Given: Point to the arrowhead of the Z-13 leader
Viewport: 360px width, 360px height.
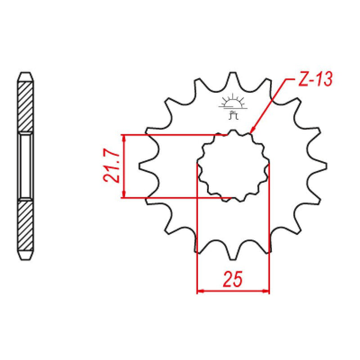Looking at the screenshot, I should coord(251,130).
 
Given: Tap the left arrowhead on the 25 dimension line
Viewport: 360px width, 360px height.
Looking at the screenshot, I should coord(200,291).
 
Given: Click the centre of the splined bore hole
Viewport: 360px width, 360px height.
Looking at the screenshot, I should coord(233,166).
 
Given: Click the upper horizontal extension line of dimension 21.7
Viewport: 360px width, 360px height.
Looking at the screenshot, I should coord(169,135).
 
